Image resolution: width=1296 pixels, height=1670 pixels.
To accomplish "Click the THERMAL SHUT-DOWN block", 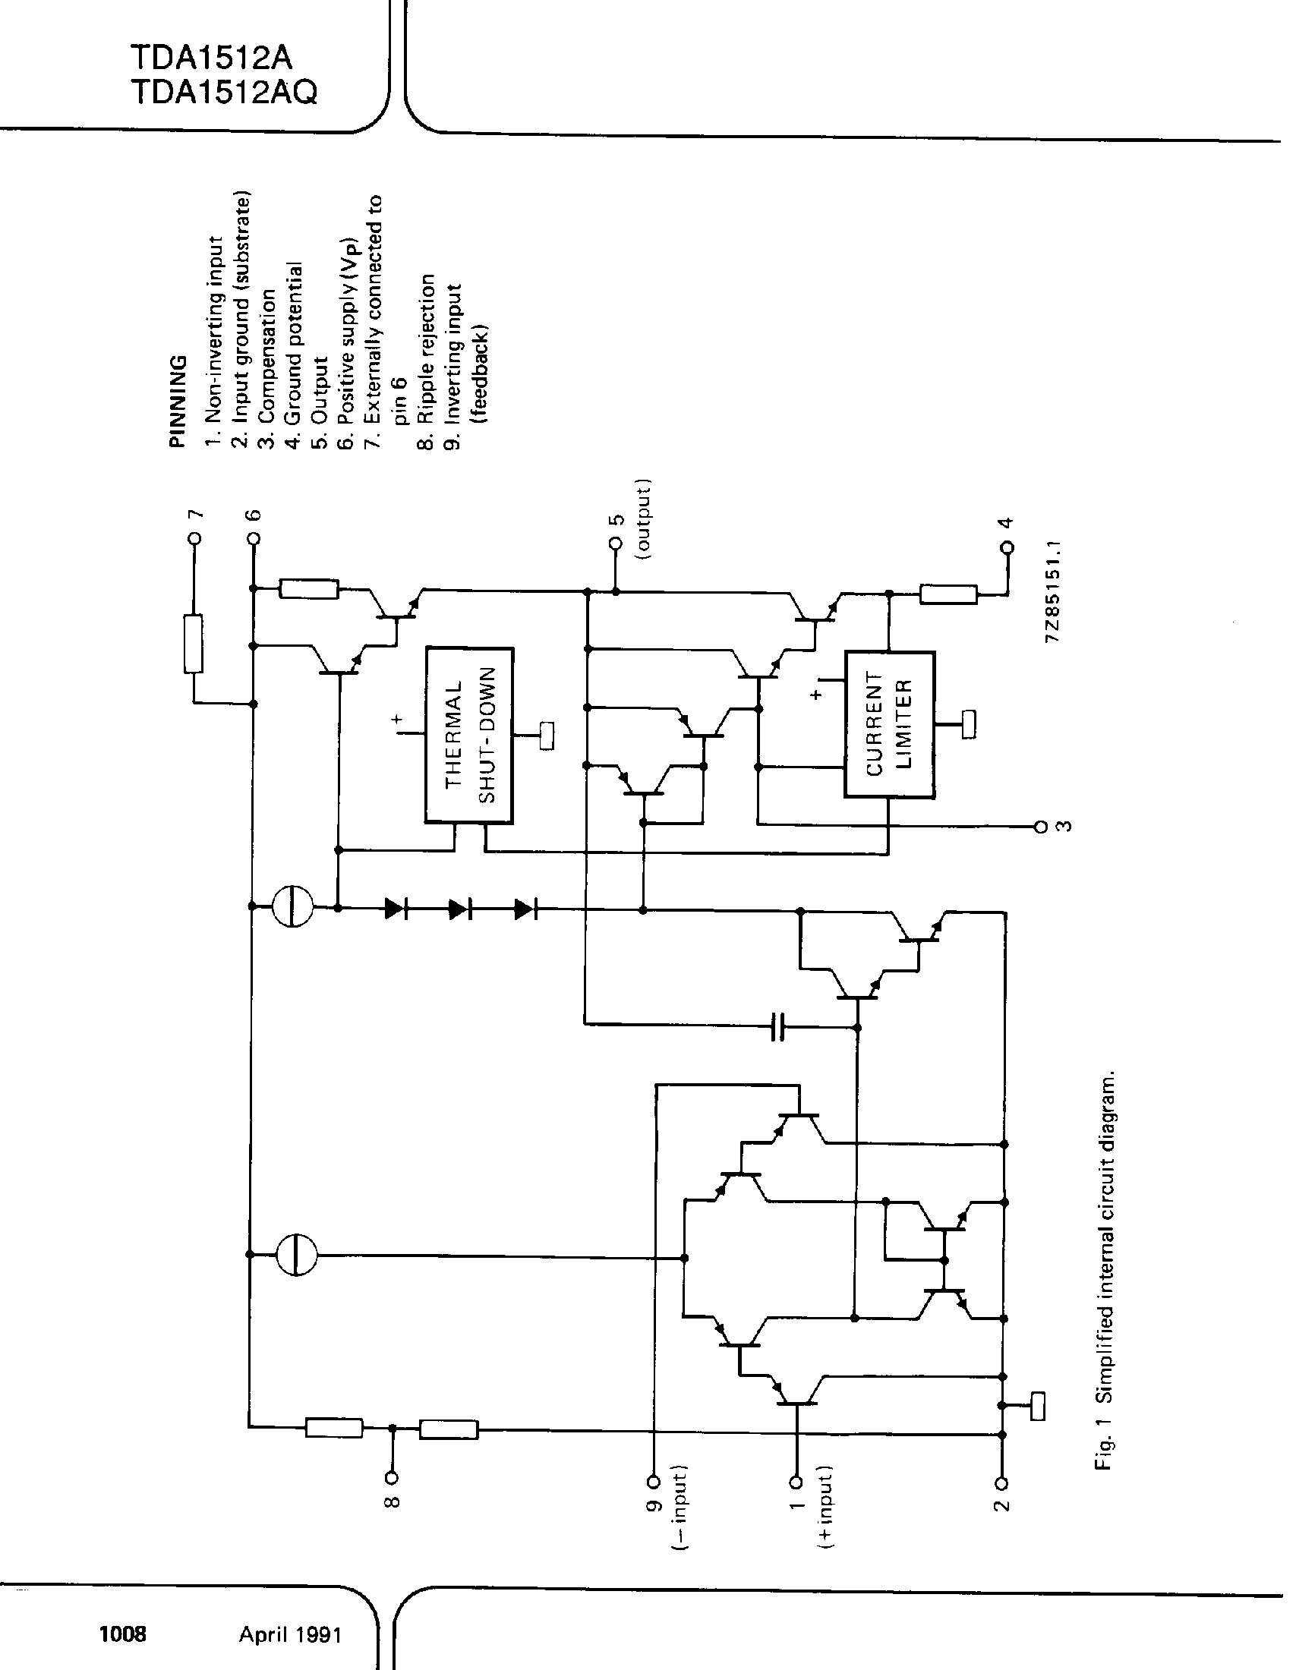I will click(468, 735).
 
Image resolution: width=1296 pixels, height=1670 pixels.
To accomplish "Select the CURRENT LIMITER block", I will click(888, 724).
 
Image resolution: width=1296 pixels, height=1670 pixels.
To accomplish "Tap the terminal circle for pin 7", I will click(194, 538).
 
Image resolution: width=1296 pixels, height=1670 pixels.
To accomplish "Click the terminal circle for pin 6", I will click(254, 538).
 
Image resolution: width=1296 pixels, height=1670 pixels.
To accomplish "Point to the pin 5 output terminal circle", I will click(615, 543).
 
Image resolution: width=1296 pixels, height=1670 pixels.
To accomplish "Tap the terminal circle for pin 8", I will click(393, 1477).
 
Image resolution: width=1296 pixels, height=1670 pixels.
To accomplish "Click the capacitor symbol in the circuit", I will click(777, 1028).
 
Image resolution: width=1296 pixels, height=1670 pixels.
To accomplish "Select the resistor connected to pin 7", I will click(194, 644).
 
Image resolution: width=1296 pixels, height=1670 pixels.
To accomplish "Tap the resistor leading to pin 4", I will click(948, 594).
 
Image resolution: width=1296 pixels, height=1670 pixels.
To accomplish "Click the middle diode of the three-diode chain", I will click(459, 909).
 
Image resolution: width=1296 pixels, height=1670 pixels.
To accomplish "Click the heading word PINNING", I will click(178, 401).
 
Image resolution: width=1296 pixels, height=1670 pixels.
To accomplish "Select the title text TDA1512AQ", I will click(223, 93).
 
